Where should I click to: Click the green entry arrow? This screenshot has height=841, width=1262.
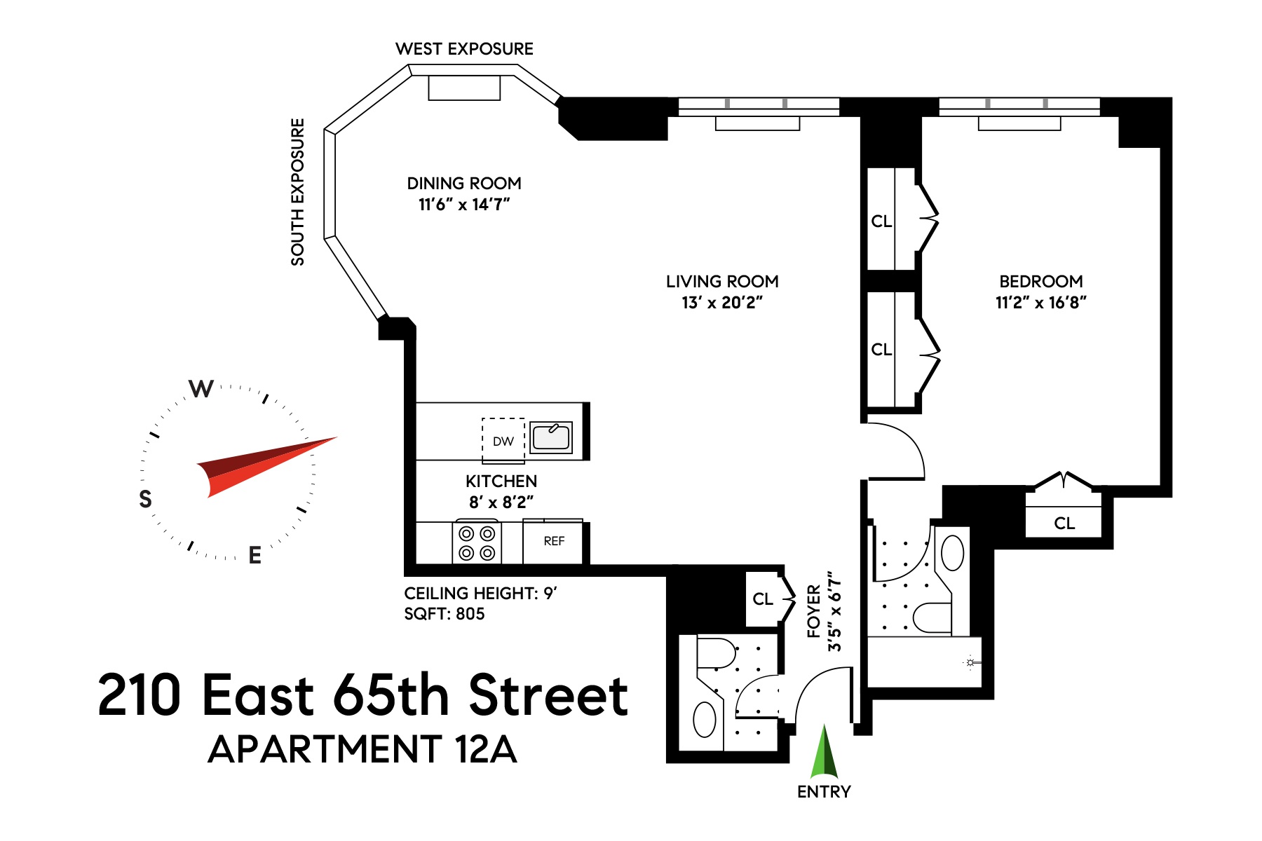click(825, 754)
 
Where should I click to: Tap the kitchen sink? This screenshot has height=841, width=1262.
click(550, 437)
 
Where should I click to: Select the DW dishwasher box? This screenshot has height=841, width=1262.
click(503, 441)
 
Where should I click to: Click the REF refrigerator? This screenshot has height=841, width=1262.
click(553, 541)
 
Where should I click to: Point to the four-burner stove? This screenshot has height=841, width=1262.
click(477, 543)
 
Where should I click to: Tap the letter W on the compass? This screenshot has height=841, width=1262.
click(201, 388)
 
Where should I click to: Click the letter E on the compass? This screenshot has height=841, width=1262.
click(255, 555)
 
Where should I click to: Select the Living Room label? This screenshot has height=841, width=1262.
click(722, 282)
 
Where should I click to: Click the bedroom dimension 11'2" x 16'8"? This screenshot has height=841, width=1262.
click(1040, 303)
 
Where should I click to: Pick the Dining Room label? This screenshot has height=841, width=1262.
click(464, 184)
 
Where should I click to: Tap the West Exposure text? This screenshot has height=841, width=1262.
click(464, 49)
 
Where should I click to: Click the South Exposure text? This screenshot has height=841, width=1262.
click(298, 192)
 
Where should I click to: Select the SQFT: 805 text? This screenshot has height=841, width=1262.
click(445, 614)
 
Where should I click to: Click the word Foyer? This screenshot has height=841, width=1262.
click(814, 611)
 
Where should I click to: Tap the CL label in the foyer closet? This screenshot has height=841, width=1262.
click(763, 599)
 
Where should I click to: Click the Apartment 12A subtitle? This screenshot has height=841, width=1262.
click(362, 749)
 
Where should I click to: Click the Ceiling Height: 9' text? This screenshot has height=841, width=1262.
click(480, 593)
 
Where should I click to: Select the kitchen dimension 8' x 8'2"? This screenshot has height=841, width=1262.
click(501, 502)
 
